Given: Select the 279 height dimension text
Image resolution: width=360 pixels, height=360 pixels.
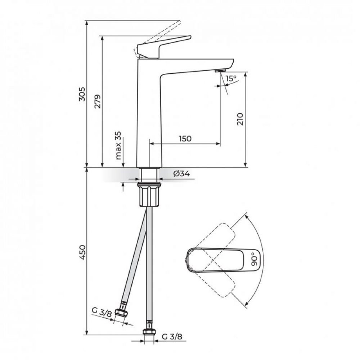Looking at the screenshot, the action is point(98,101).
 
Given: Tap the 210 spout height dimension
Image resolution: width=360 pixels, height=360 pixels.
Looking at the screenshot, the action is point(240,119).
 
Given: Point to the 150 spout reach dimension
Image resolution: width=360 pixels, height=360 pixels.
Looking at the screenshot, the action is point(185,139).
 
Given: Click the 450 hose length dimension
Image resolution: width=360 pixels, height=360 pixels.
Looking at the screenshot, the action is point(82,253).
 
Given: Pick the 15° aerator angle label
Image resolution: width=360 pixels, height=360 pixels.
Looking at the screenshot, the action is point(231,78).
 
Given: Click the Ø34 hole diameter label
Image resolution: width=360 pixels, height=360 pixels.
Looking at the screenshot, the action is point(182,174).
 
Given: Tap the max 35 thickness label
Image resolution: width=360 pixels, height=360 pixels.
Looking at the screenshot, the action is point(118,145).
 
